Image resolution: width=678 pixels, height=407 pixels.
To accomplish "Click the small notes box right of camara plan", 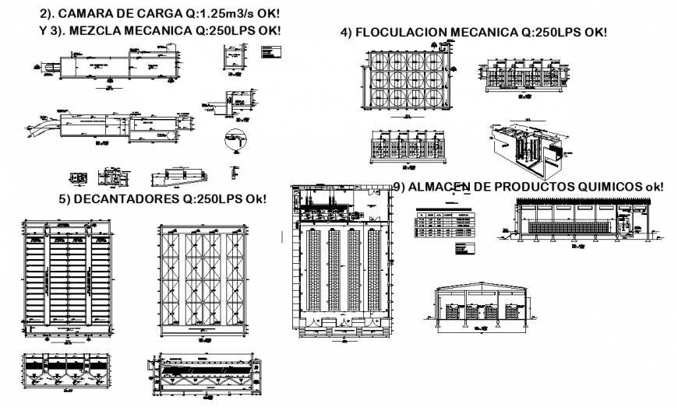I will tap(274, 52).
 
